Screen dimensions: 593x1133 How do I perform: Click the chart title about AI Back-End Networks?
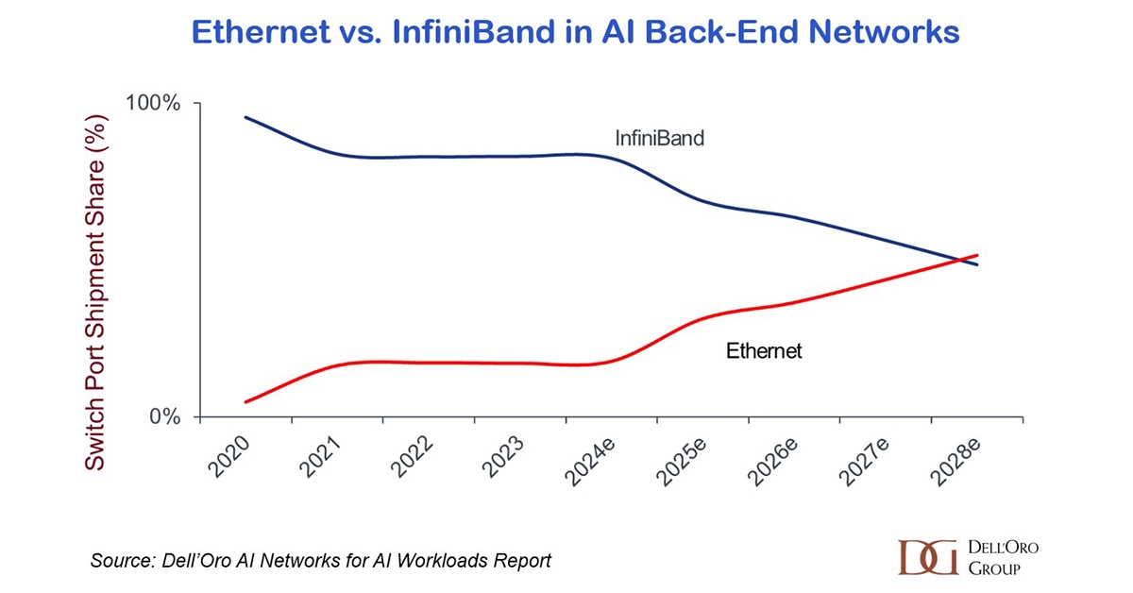[x=575, y=33]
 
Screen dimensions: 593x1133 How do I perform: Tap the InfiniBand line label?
[x=660, y=139]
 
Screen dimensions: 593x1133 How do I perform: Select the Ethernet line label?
[x=763, y=351]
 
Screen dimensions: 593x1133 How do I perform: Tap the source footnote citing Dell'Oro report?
[x=320, y=561]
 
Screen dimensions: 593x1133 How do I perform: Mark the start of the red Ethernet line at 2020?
[x=245, y=402]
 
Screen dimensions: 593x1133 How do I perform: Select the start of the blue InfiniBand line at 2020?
[x=245, y=117]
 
